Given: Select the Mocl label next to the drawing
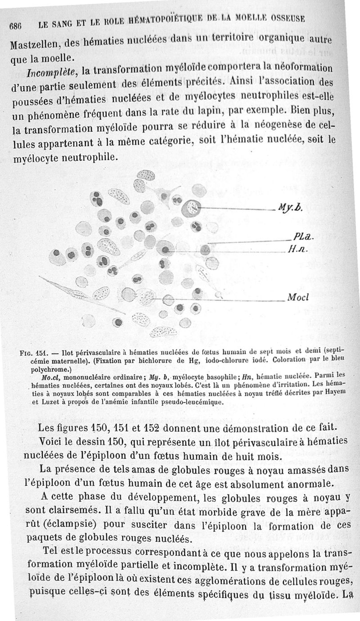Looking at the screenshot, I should (297, 298).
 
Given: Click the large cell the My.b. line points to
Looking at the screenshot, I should (194, 208).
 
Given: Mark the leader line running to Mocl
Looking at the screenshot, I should (225, 299).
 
